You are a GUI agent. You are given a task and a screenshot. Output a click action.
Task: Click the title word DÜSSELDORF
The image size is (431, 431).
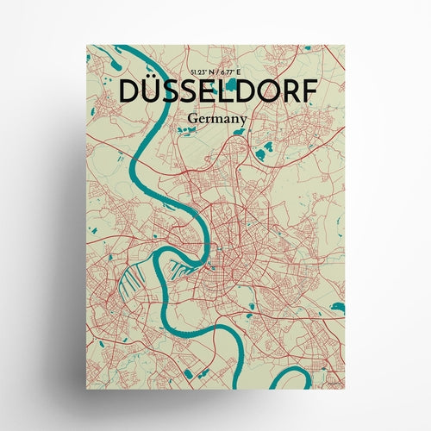coord(214,91)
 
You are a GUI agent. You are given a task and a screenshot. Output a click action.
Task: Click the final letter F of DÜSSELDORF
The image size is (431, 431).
coord(309,91)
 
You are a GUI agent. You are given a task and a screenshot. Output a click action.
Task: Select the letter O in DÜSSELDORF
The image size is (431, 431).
coord(267,91)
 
